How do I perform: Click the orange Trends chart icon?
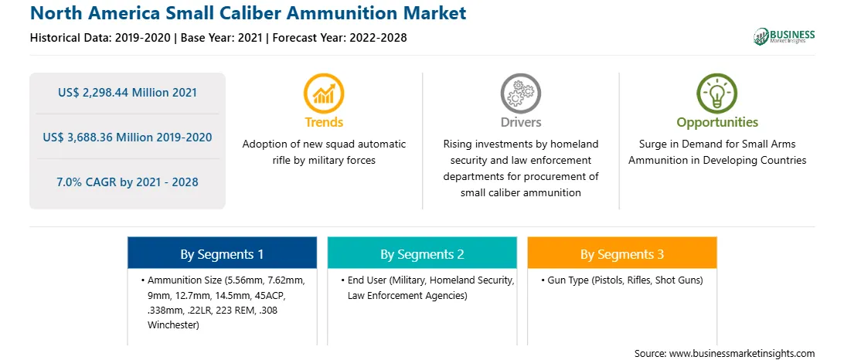tap(324, 93)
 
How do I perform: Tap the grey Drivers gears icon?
tap(520, 93)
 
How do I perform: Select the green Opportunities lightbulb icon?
tap(717, 93)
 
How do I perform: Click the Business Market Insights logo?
tap(784, 36)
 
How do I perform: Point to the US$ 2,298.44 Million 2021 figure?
tap(128, 93)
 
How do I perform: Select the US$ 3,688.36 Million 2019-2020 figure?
tap(128, 138)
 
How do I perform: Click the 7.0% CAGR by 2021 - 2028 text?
tap(128, 182)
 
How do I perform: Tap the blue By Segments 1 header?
tap(223, 254)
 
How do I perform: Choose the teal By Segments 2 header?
tap(422, 254)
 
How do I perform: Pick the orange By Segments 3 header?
tap(622, 254)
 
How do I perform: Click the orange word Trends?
tap(324, 123)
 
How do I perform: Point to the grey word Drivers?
tap(520, 123)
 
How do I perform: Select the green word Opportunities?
tap(717, 123)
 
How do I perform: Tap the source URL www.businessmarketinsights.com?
tap(741, 353)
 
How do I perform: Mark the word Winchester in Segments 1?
tap(173, 325)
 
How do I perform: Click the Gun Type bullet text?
tap(622, 280)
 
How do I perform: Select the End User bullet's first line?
tap(427, 280)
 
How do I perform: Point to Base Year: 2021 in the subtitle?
tap(222, 38)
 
